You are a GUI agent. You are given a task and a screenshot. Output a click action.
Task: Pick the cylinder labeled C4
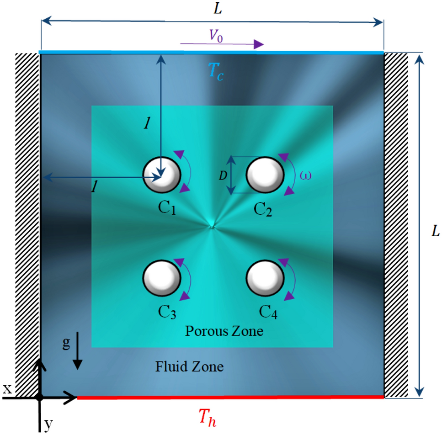pyautogui.click(x=265, y=278)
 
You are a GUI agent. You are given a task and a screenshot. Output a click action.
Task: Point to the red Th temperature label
pyautogui.click(x=207, y=417)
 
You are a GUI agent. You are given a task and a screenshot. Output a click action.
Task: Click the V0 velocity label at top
pyautogui.click(x=217, y=38)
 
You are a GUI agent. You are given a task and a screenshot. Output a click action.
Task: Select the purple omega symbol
pyautogui.click(x=305, y=175)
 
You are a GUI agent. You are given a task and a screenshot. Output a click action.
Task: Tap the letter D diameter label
pyautogui.click(x=223, y=175)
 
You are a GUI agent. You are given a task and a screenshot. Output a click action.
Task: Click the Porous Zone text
pyautogui.click(x=224, y=330)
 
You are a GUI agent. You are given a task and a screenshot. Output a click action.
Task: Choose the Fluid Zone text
pyautogui.click(x=190, y=366)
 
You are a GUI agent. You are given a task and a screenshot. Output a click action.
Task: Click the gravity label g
pyautogui.click(x=66, y=343)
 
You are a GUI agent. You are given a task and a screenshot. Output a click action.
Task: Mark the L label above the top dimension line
pyautogui.click(x=218, y=8)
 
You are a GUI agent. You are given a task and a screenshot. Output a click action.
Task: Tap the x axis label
pyautogui.click(x=7, y=389)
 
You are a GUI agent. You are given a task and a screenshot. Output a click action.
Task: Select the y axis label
pyautogui.click(x=48, y=425)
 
